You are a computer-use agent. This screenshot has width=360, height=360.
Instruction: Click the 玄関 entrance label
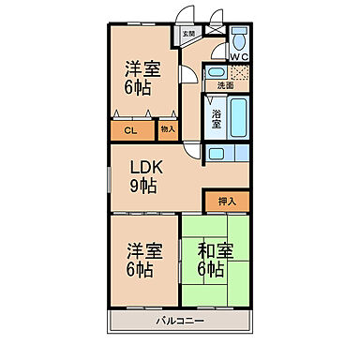(188, 35)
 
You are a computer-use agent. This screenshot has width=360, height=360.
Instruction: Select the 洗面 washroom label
(226, 84)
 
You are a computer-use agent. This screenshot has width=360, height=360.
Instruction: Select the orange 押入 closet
(226, 200)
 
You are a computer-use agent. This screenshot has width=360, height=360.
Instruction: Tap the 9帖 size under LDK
(143, 186)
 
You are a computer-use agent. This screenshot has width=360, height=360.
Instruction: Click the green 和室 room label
(216, 250)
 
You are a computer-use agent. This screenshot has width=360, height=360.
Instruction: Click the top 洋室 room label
(142, 68)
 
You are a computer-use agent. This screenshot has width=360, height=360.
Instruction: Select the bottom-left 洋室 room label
(142, 250)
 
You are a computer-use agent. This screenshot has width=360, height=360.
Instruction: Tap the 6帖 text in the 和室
(212, 270)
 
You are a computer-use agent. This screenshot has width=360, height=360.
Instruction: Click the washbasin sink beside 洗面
(216, 72)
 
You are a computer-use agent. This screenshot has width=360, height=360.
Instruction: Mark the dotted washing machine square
(239, 73)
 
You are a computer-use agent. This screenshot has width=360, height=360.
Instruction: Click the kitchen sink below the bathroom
(217, 154)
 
